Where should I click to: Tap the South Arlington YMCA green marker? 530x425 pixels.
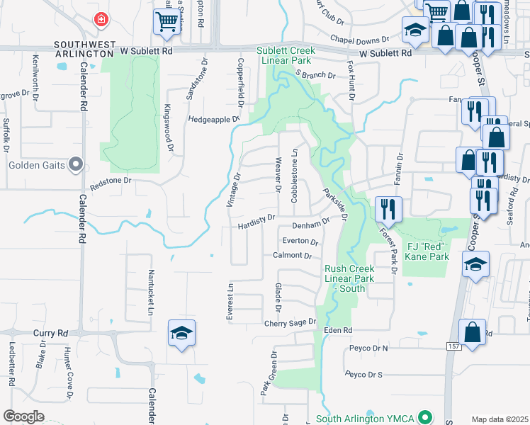[424, 417]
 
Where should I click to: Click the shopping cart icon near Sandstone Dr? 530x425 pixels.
[167, 22]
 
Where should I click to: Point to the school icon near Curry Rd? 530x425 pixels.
[181, 334]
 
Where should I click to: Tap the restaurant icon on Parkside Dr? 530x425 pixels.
[388, 208]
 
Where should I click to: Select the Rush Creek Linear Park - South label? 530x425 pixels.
[349, 278]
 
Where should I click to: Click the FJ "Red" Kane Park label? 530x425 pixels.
[427, 251]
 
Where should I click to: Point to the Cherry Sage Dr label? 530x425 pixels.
[289, 322]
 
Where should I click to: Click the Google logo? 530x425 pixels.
[23, 416]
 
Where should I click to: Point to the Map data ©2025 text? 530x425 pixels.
[500, 419]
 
